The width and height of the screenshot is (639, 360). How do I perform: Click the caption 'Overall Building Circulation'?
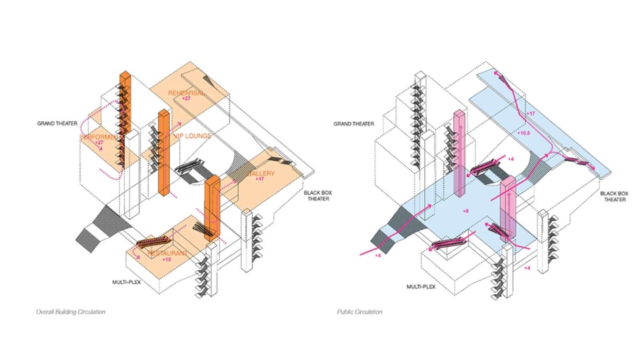tap(70, 312)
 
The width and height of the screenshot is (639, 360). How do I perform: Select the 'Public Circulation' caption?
tap(360, 312)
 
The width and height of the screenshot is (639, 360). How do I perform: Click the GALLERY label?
tap(261, 173)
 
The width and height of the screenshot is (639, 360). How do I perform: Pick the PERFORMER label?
tap(99, 137)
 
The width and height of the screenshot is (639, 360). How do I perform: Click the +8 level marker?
tap(465, 211)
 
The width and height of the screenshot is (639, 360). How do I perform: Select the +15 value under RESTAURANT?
tap(166, 260)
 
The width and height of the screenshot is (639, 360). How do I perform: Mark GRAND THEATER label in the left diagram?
tap(57, 123)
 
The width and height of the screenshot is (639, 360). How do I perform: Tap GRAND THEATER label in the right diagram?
tap(354, 124)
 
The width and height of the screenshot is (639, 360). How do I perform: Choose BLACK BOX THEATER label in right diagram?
tap(613, 197)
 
